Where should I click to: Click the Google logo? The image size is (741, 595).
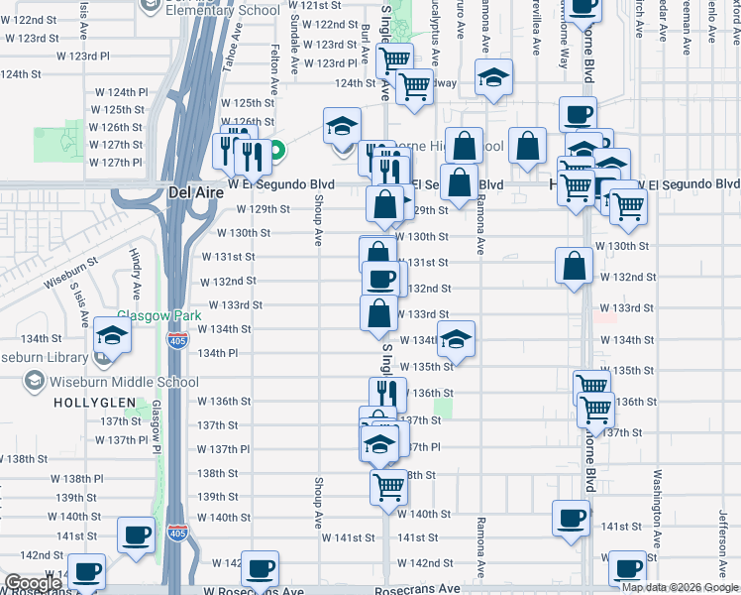coord(33,583)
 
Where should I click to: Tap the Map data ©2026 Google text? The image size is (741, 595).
coord(681,587)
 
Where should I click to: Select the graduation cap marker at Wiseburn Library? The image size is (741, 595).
coord(112,339)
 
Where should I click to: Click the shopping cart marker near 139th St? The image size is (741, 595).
coord(389,486)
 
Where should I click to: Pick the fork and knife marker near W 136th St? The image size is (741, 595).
coord(387,393)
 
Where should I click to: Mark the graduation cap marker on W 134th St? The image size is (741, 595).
coord(456,339)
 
